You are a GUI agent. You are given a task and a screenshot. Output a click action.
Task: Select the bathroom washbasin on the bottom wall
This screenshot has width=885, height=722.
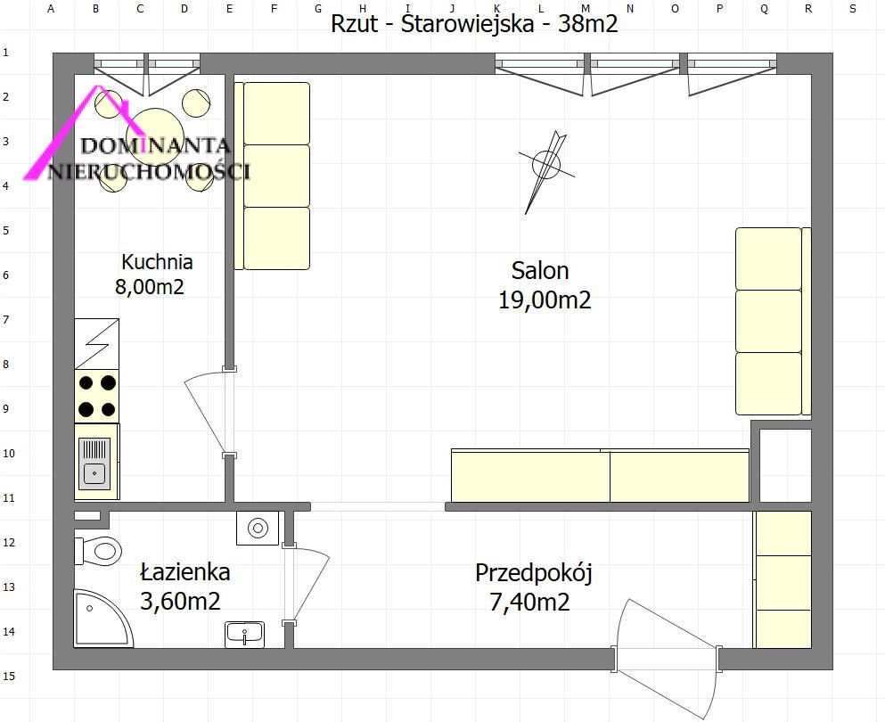[245, 635]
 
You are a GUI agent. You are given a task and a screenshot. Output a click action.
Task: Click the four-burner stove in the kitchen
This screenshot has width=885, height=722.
[96, 397]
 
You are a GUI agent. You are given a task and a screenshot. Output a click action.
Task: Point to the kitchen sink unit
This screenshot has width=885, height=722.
[96, 462]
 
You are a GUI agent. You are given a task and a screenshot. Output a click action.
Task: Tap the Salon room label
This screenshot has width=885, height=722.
[539, 271]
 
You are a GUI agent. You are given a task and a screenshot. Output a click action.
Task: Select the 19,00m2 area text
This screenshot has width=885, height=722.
[544, 299]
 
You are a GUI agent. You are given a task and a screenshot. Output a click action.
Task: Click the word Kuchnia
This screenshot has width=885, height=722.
[157, 262]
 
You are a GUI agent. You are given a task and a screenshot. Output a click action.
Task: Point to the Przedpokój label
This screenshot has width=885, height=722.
[533, 573]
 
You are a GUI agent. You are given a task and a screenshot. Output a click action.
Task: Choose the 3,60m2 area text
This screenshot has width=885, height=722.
[179, 601]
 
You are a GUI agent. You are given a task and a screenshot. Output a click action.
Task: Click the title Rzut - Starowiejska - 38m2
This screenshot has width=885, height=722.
[474, 24]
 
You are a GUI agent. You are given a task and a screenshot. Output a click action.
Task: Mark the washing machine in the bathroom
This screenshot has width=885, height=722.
[258, 528]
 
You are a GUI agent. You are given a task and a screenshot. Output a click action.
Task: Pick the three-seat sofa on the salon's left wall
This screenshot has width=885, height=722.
[272, 176]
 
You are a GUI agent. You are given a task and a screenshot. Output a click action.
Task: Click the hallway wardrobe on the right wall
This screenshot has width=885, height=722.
[783, 579]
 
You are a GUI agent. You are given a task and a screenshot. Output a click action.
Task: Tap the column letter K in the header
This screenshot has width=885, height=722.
[496, 8]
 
